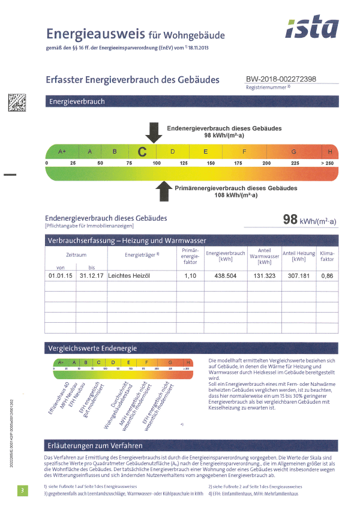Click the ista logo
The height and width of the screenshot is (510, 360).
pos(311,28)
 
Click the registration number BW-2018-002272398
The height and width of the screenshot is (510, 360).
pos(281,79)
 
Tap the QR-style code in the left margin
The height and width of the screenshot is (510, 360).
pos(16,103)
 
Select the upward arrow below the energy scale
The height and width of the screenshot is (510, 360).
pos(163,192)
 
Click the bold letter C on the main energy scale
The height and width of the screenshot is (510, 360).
pos(142,152)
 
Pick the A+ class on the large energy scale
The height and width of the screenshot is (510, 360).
pos(62,152)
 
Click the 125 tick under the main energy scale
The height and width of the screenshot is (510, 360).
pos(184,163)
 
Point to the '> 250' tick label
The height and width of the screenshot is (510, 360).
pos(327,163)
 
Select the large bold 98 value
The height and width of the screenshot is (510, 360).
pos(290,220)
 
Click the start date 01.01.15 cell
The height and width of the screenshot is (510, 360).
pos(60,275)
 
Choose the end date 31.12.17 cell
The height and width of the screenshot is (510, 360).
pos(92,275)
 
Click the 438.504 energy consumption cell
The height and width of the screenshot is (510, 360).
pos(226,275)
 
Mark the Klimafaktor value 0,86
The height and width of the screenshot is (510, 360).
pos(327,275)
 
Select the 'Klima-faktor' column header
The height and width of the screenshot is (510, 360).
pos(327,257)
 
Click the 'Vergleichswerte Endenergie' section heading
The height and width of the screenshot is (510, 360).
pos(93,348)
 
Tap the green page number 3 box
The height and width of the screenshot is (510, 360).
pos(22,491)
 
